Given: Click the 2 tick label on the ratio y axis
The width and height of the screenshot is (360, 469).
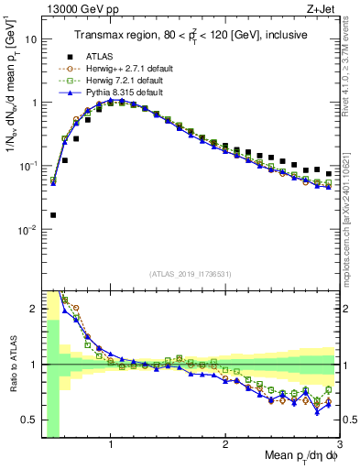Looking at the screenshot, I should click(33, 309).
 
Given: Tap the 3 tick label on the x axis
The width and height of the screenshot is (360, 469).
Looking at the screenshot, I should click(339, 444).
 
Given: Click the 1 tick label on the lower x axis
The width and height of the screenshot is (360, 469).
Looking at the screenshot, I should click(111, 444).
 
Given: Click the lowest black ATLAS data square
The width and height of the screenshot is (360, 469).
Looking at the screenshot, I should click(53, 215).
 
